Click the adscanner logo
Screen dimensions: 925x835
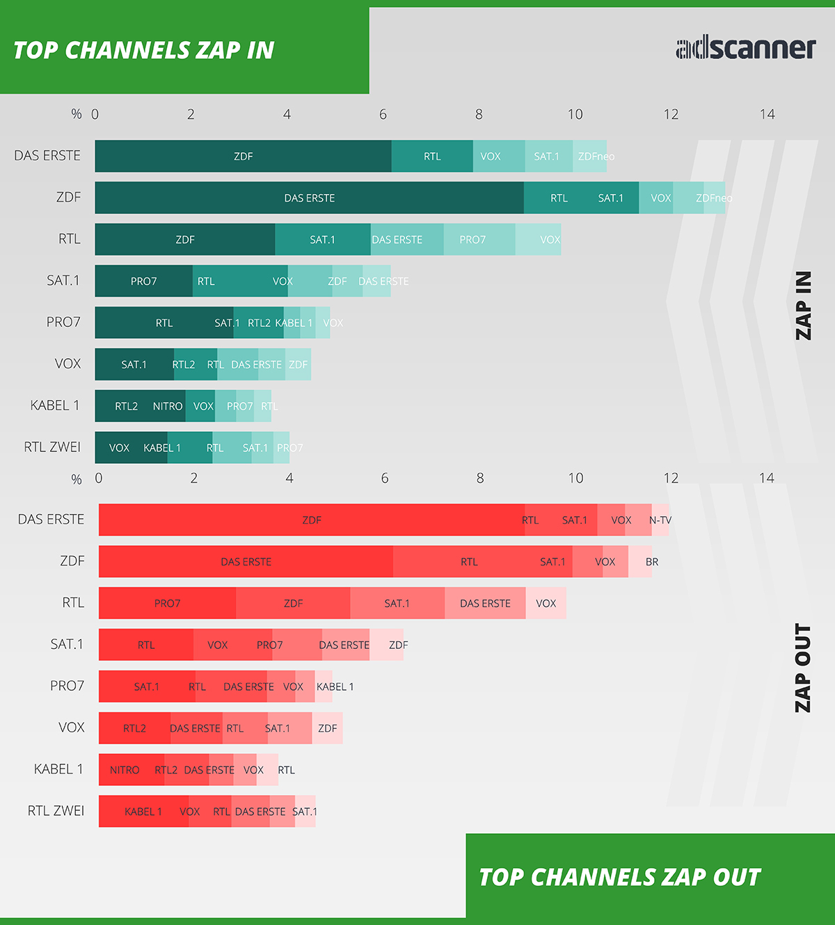pos(745,48)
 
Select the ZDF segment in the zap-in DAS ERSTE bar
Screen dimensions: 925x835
pos(243,156)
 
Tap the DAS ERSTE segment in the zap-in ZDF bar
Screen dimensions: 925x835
pos(309,198)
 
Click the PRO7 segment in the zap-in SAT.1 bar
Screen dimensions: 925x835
pos(143,281)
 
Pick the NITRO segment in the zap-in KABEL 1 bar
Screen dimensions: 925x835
pos(168,406)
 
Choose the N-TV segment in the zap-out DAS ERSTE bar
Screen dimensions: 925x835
pos(660,520)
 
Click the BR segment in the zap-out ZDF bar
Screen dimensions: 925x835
pos(641,562)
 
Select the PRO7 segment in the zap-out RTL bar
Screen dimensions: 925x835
pos(167,604)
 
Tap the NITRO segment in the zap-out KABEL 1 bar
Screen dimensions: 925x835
pos(125,770)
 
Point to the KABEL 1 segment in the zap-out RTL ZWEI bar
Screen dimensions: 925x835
pos(143,812)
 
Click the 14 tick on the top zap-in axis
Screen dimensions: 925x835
pos(767,114)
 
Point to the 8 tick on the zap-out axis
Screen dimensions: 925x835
pos(480,478)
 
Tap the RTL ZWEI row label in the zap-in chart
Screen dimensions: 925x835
pos(52,447)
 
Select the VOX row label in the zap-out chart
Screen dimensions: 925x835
pos(71,727)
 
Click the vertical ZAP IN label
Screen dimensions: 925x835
pos(804,305)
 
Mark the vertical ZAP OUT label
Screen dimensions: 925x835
pos(804,668)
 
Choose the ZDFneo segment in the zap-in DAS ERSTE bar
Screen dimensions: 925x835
pos(590,156)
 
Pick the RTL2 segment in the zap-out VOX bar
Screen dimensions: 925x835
pos(134,728)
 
